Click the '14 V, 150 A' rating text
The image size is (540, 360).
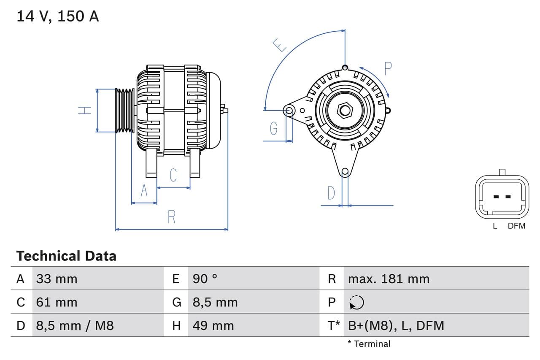tap(57, 16)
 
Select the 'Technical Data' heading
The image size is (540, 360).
tap(66, 256)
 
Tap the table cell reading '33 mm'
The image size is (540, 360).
tap(57, 279)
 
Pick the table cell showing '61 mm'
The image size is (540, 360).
tap(57, 302)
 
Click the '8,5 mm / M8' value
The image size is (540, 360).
tap(75, 325)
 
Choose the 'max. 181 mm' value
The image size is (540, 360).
tap(389, 279)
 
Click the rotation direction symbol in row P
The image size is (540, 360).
tap(356, 302)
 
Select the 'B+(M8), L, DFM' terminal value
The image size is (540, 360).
tap(396, 325)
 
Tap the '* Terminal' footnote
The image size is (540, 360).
tap(369, 344)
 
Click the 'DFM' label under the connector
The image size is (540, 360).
tap(516, 226)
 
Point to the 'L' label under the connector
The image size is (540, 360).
tap(495, 226)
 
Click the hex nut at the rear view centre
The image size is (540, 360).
tap(345, 111)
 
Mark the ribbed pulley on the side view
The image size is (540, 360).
tap(125, 110)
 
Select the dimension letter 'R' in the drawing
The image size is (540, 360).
tap(171, 217)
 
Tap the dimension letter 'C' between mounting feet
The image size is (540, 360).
tap(173, 175)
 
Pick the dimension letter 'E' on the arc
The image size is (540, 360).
tap(279, 45)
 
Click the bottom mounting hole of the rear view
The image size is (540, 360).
tap(345, 171)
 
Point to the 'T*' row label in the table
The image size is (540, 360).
tap(334, 325)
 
